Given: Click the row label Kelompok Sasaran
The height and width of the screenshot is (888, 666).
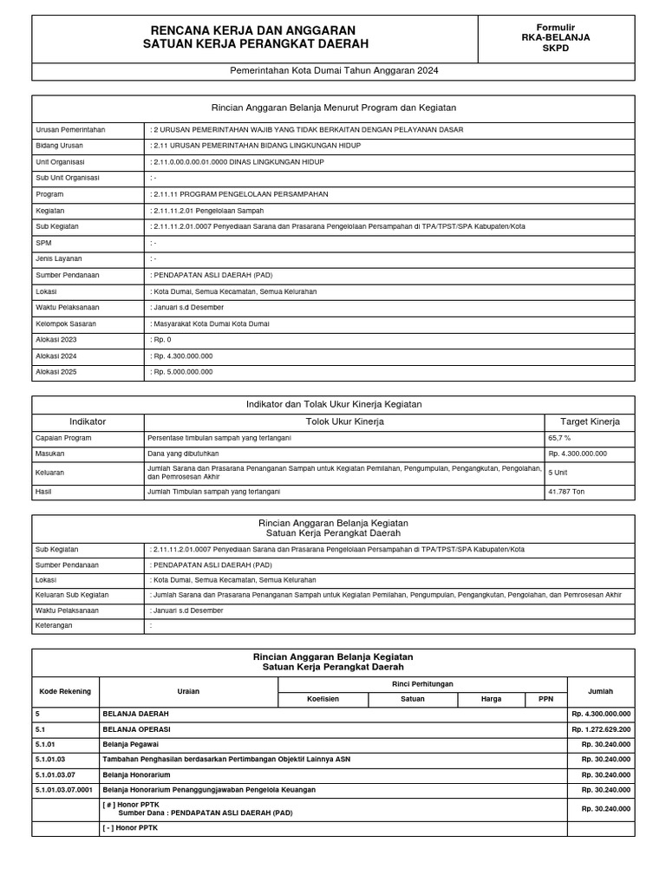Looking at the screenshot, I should point(66,323).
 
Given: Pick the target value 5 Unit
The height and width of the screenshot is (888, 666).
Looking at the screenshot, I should point(557,473).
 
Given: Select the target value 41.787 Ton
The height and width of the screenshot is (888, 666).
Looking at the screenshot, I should point(567,492).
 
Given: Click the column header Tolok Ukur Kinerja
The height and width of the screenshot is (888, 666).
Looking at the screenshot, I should point(345,421).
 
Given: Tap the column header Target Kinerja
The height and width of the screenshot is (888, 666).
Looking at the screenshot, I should point(590,421).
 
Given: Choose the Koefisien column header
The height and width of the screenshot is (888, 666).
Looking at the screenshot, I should point(323,699).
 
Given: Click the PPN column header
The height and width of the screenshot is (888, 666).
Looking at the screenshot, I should point(545,699).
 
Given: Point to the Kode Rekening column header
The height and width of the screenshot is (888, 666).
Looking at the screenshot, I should point(66,691).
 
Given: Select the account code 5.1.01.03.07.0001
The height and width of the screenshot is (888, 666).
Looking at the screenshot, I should point(66,790).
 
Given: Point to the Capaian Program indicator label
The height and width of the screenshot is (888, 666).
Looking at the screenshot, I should point(63,438).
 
